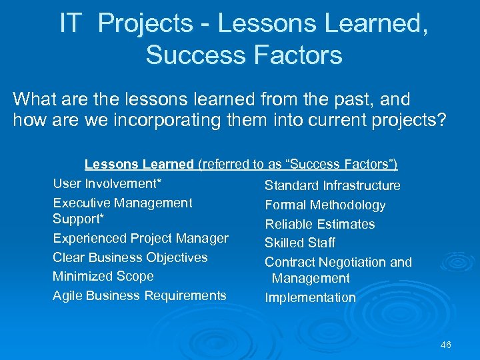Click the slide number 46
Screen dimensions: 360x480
446,345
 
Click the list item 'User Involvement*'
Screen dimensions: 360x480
108,183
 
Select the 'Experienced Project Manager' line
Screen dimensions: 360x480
141,238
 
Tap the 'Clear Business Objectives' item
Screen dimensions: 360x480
130,257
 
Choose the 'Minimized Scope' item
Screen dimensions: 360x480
103,276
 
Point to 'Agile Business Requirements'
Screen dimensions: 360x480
139,295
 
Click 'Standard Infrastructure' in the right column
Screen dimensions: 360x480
333,185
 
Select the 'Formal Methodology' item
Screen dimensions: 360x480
325,205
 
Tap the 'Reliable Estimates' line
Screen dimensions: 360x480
320,224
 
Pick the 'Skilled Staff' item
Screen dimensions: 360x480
300,243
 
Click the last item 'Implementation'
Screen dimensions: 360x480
311,298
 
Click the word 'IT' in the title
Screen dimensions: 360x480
71,24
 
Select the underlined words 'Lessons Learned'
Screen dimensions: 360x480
139,164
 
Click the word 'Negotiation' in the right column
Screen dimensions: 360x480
349,262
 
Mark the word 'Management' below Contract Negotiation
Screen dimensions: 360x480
311,279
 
